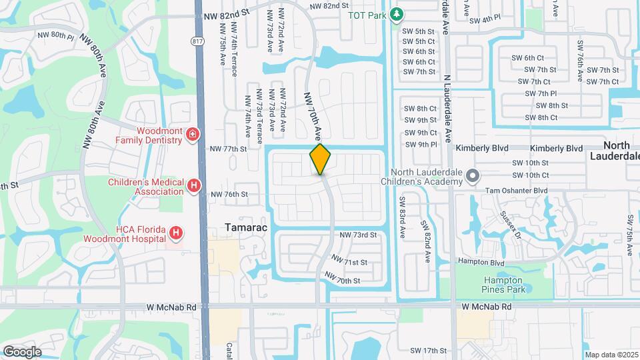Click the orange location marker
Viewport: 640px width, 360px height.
point(321,159)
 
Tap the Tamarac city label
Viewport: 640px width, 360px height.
point(246,227)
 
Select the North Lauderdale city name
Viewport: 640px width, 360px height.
point(613,151)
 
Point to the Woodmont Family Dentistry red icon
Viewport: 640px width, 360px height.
point(193,135)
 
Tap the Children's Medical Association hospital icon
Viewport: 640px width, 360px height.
point(193,185)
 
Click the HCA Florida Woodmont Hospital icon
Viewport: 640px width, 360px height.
point(175,233)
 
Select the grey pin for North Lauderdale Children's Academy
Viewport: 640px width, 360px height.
point(473,177)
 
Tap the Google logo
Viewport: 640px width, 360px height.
point(22,351)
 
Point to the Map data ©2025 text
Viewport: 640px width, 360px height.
point(611,355)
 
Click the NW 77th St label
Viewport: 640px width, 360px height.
point(229,149)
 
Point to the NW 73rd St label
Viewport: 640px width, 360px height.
point(359,235)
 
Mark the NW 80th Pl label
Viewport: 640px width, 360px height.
point(57,35)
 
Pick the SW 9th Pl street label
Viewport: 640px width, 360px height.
point(420,144)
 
